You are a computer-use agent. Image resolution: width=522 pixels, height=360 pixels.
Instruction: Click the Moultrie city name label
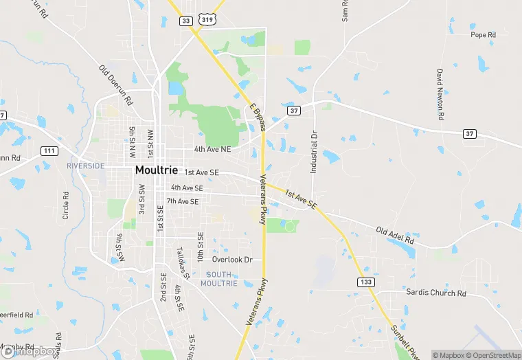tap(156, 170)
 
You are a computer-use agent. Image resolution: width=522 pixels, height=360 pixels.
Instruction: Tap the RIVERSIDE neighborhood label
tap(86, 166)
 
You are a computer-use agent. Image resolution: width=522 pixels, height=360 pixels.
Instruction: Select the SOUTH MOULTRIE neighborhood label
tap(219, 279)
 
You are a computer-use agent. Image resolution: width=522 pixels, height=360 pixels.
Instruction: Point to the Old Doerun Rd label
tap(115, 85)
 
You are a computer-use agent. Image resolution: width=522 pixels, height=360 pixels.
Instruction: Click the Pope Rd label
tap(483, 35)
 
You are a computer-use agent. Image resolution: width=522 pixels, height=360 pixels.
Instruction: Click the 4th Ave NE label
tap(212, 149)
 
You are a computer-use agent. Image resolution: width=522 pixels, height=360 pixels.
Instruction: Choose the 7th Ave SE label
tap(182, 201)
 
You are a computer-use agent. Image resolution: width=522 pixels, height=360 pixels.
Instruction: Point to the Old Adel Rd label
tap(395, 235)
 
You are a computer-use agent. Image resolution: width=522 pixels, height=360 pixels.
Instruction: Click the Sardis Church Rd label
tap(435, 293)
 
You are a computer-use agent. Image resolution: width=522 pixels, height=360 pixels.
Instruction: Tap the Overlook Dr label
tap(232, 260)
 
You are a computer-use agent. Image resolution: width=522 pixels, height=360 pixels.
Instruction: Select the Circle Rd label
tap(67, 205)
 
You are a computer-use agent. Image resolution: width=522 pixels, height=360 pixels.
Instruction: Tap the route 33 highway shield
tap(186, 21)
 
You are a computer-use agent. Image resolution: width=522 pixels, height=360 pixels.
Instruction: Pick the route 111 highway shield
tap(49, 150)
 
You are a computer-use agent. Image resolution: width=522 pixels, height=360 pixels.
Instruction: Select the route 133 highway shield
tap(365, 282)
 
